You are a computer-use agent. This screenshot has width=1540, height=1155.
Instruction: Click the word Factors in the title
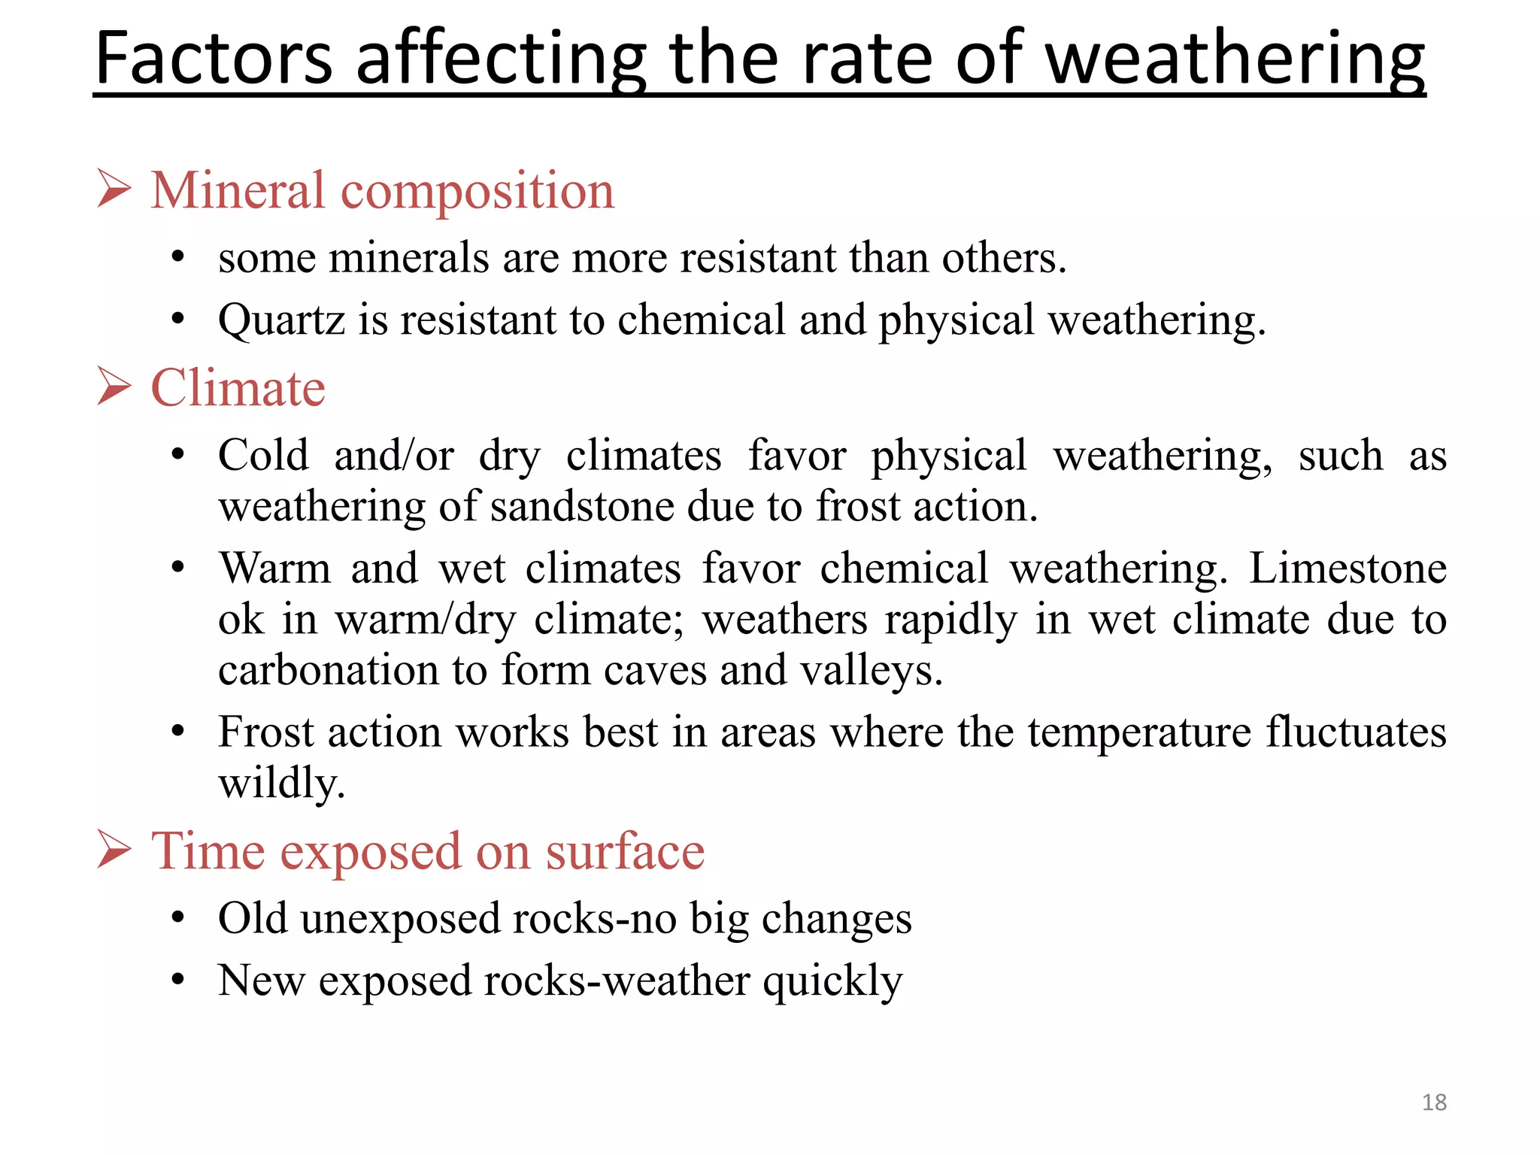pos(214,59)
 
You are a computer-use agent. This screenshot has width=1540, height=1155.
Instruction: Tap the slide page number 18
pos(1434,1102)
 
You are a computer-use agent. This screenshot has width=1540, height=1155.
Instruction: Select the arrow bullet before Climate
pos(114,387)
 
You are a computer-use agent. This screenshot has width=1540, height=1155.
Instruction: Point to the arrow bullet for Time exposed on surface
pos(114,850)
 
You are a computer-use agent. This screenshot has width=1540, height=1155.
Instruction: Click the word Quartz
pos(281,320)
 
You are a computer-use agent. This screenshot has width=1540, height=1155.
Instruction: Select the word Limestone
pos(1347,568)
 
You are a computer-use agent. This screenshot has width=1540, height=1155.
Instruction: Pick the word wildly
pos(281,783)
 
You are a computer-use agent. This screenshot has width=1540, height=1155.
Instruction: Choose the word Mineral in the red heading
pos(238,189)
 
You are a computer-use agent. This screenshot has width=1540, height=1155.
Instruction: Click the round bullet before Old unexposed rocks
pos(177,918)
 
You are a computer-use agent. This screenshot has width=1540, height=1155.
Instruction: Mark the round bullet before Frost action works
pos(177,732)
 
